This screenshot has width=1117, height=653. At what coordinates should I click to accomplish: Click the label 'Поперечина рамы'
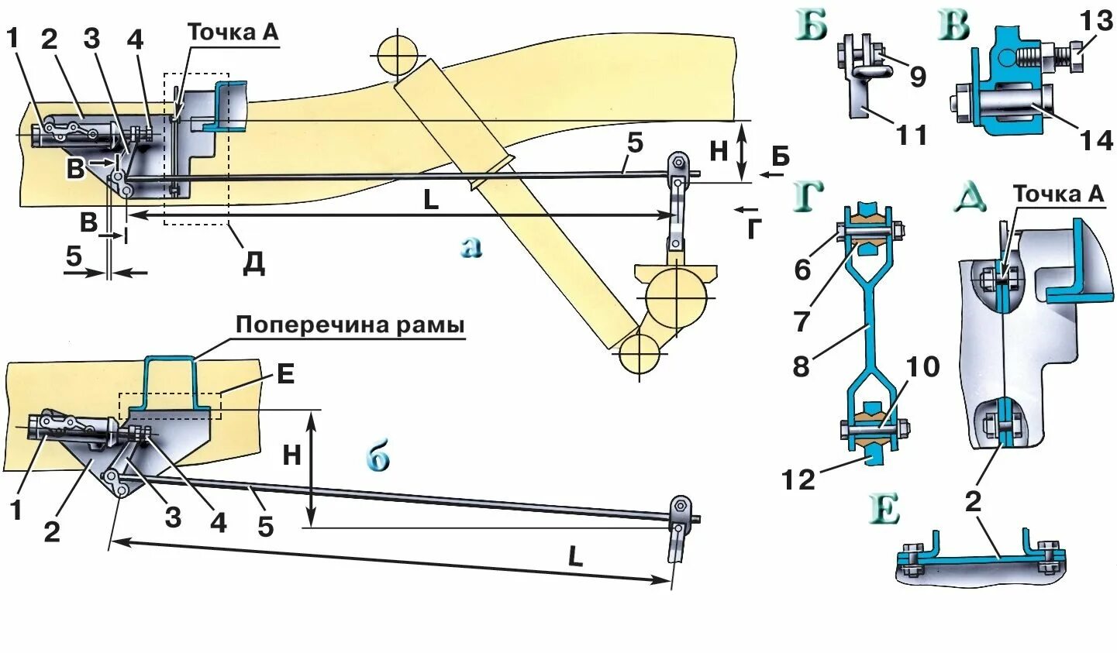(350, 324)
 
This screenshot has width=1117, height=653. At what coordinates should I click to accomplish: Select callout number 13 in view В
(1096, 22)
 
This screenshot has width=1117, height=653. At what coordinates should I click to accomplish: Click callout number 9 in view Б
(917, 77)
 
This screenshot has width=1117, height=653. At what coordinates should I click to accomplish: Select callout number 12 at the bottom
(798, 479)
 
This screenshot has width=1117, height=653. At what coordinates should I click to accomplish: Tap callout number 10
(922, 366)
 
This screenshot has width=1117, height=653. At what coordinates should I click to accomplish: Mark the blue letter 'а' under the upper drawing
(471, 246)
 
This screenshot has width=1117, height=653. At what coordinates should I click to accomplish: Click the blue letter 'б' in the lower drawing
(378, 459)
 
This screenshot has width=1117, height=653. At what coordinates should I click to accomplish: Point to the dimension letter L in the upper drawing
(431, 200)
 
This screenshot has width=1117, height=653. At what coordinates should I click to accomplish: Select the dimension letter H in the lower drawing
(291, 455)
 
